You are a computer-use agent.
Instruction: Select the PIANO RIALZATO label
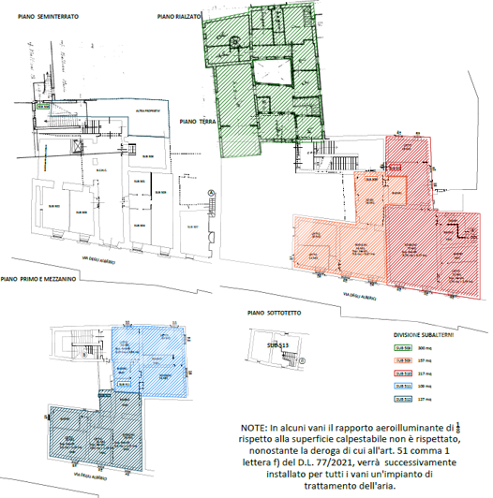(179, 17)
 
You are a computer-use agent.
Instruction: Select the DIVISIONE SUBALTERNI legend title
(420, 333)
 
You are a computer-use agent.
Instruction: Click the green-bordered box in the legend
(399, 347)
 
